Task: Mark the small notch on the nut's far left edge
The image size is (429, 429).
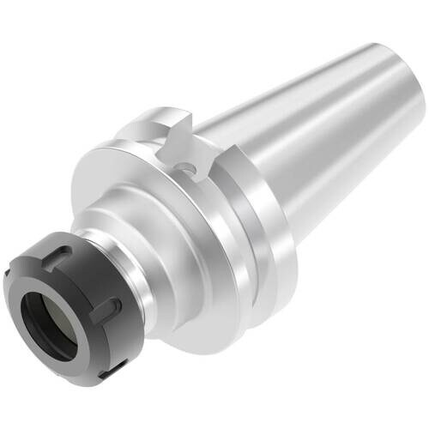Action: pos(12,283)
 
